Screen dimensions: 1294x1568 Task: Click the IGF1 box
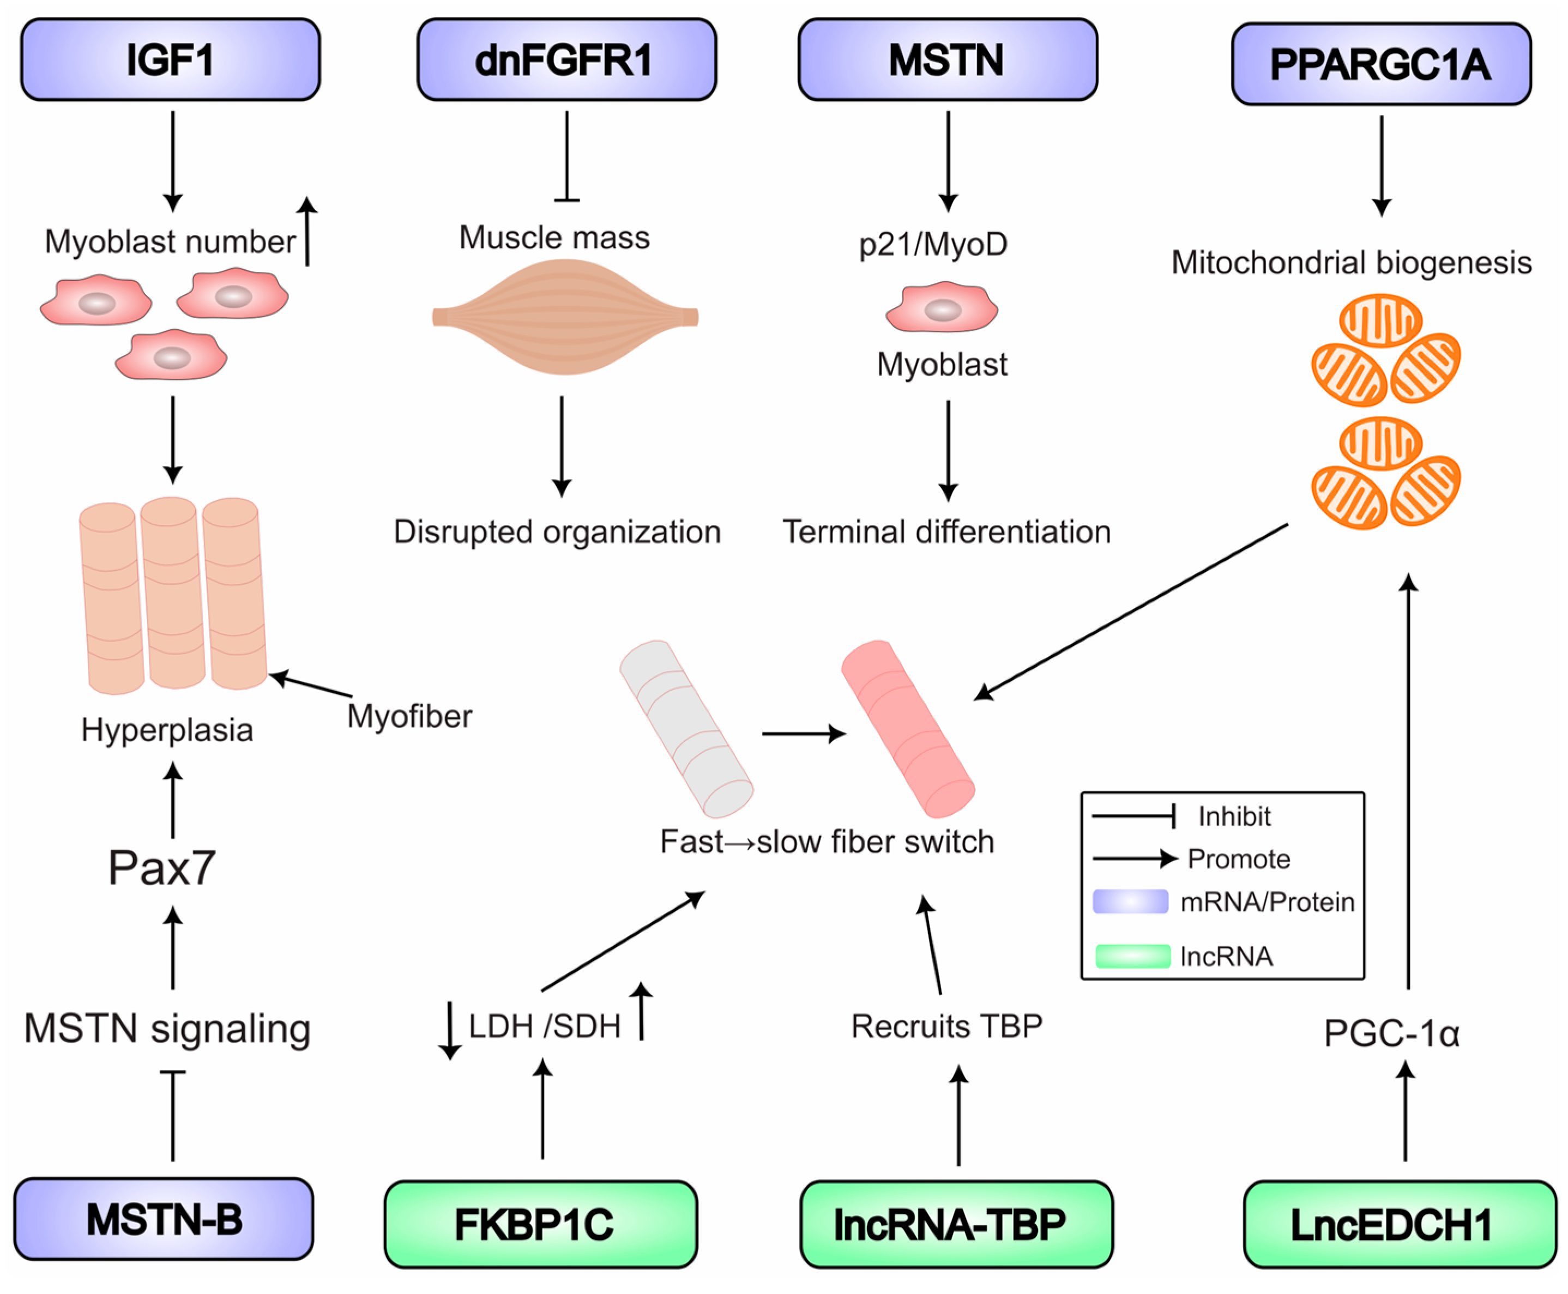pyautogui.click(x=170, y=59)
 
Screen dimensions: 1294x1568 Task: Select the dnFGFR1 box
pyautogui.click(x=566, y=59)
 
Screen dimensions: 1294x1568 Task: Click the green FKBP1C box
pyautogui.click(x=540, y=1223)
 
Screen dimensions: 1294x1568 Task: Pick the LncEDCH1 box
pyautogui.click(x=1399, y=1223)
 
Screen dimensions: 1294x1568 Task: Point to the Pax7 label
pyautogui.click(x=162, y=868)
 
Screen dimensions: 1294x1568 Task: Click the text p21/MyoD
pyautogui.click(x=933, y=244)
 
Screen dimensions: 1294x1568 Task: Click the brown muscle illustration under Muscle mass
pyautogui.click(x=564, y=317)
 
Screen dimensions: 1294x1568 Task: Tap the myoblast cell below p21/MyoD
pyautogui.click(x=941, y=307)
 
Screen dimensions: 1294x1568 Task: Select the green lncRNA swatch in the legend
pyautogui.click(x=1132, y=956)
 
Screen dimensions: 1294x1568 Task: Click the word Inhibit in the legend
pyautogui.click(x=1233, y=817)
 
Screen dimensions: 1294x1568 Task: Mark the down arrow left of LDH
pyautogui.click(x=450, y=1030)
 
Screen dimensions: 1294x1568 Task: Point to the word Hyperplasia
pyautogui.click(x=167, y=730)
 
